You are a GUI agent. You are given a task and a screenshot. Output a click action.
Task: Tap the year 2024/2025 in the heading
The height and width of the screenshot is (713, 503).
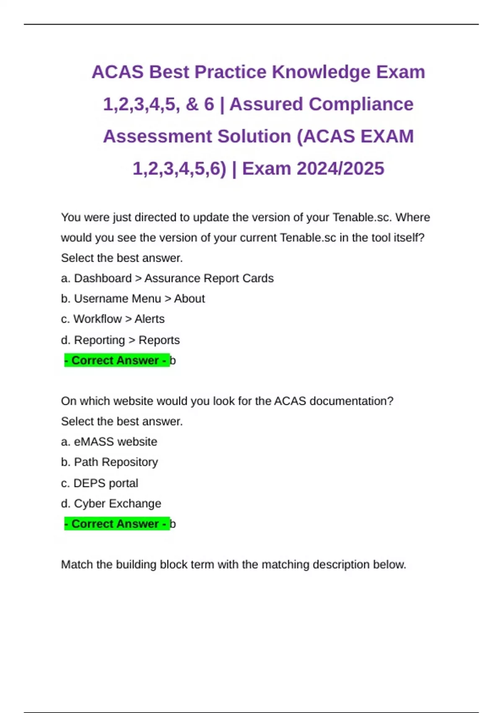pyautogui.click(x=340, y=169)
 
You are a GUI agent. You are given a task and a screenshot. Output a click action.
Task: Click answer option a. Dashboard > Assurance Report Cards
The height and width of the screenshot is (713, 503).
pyautogui.click(x=167, y=278)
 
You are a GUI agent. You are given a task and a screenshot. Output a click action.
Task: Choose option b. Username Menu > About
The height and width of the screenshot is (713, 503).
pyautogui.click(x=133, y=299)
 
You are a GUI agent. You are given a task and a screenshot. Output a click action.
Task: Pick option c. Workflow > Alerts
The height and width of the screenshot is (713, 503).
pyautogui.click(x=113, y=319)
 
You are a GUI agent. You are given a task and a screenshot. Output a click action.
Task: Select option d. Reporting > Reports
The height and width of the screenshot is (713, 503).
pyautogui.click(x=120, y=340)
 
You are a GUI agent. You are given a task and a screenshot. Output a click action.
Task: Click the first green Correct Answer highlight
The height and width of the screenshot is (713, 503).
pyautogui.click(x=117, y=361)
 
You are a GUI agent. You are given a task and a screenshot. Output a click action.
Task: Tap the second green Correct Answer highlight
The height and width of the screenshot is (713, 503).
pyautogui.click(x=117, y=524)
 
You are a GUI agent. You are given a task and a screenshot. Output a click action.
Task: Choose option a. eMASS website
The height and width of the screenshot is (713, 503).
pyautogui.click(x=109, y=442)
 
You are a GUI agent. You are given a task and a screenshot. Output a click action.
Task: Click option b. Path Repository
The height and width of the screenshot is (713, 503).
pyautogui.click(x=109, y=462)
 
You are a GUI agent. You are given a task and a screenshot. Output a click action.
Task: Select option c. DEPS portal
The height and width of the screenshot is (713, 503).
pyautogui.click(x=99, y=483)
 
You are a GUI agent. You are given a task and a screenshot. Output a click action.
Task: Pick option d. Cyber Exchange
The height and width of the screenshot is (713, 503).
pyautogui.click(x=111, y=503)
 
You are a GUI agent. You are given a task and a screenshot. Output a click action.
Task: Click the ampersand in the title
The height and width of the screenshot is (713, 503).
pyautogui.click(x=192, y=104)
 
